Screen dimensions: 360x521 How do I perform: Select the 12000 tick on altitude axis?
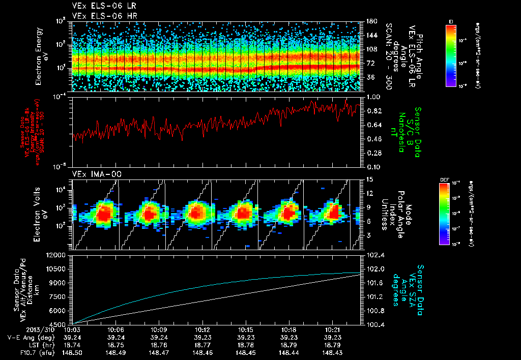(x=56, y=255)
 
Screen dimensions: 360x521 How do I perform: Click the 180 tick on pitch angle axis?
(x=371, y=21)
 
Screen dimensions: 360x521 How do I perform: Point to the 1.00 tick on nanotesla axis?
(x=374, y=97)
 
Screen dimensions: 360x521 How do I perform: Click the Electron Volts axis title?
(x=42, y=214)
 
